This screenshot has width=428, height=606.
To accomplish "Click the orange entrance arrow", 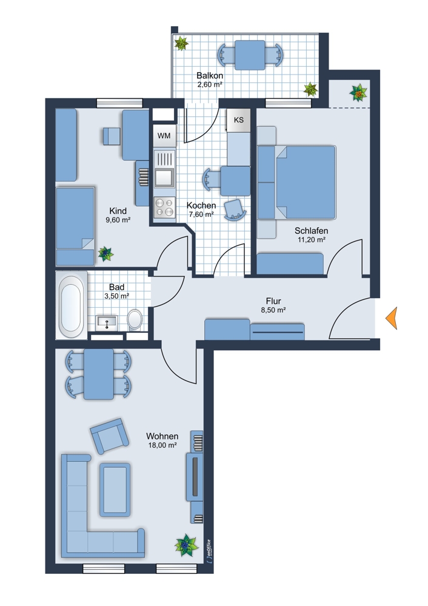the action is click(x=392, y=318).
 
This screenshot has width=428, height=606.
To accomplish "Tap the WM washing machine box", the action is click(x=164, y=136).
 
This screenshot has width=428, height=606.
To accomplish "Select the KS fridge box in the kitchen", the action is click(x=238, y=120).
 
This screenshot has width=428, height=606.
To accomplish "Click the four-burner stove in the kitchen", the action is click(x=164, y=207).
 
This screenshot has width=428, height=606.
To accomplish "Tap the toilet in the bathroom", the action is click(x=135, y=319).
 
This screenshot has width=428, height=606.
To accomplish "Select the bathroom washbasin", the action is click(x=107, y=322).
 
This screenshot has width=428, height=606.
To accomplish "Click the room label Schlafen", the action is click(x=311, y=231).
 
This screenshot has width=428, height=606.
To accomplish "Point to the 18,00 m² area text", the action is click(x=162, y=445).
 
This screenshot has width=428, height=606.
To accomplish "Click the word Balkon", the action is click(x=210, y=75).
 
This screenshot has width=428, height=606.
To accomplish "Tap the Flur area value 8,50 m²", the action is click(x=273, y=310).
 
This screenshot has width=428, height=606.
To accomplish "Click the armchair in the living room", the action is click(x=109, y=436).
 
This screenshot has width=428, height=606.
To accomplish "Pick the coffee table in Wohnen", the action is click(x=115, y=490).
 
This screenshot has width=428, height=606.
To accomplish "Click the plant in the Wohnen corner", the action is click(x=186, y=545).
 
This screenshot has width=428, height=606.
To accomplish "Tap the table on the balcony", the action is click(x=250, y=55).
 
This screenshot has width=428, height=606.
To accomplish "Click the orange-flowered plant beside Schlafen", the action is click(x=358, y=93).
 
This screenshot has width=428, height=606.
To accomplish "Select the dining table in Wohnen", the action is click(x=99, y=374).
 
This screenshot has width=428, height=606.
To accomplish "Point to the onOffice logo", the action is click(x=209, y=550).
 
